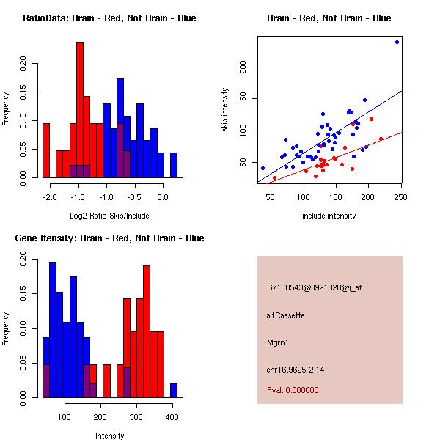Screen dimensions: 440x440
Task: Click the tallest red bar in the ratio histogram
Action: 80,110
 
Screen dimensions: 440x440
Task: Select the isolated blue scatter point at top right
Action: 397,42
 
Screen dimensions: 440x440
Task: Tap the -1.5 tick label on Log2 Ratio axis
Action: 78,197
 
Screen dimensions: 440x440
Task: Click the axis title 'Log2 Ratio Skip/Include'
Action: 109,216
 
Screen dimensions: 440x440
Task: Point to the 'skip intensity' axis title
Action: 225,110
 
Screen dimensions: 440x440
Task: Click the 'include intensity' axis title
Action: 329,216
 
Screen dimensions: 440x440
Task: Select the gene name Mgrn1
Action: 277,342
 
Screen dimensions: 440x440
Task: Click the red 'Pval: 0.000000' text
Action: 293,390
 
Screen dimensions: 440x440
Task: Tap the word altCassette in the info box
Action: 285,315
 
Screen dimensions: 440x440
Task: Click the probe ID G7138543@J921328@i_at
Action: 315,288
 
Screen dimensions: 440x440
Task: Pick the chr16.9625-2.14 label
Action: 296,370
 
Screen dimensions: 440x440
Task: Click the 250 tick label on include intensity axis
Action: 400,197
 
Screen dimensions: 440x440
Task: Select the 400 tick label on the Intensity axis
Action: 172,417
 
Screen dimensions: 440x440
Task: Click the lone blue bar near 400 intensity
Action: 174,390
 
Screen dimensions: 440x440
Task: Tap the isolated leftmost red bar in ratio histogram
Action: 46,150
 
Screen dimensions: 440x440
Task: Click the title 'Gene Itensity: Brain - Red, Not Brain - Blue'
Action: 109,238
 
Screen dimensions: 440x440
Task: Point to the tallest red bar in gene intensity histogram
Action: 147,331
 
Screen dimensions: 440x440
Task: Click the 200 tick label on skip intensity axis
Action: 243,67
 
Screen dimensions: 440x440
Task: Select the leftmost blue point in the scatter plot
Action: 263,169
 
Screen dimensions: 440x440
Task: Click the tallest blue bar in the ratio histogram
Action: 120,128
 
